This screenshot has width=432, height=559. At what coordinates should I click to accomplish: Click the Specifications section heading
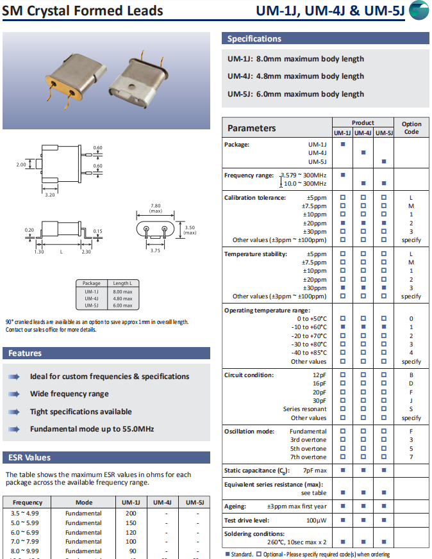point(254,38)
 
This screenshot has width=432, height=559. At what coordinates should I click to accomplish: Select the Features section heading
point(26,353)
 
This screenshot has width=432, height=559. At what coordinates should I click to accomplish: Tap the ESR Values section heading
point(29,457)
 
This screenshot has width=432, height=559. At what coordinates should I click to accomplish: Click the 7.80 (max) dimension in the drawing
point(155,207)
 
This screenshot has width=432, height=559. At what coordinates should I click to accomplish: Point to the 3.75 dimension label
point(154,251)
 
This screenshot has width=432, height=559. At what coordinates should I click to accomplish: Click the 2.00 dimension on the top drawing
point(21,165)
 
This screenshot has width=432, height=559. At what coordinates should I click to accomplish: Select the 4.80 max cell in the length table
point(122,298)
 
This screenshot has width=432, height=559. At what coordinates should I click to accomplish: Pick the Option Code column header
point(411,127)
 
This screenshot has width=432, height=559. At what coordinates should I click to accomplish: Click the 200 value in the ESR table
point(131,514)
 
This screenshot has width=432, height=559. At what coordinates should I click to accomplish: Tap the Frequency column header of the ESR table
point(28,503)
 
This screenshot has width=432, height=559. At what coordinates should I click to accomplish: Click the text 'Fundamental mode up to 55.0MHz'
point(92,428)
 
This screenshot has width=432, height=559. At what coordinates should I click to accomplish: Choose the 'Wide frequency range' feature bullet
point(69,394)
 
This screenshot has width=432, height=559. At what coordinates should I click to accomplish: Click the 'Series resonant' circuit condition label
point(304,409)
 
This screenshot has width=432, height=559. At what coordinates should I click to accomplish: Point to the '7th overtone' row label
point(308,457)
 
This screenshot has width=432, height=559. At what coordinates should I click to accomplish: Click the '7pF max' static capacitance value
point(314,471)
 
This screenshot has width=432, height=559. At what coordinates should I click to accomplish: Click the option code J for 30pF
point(411,400)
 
